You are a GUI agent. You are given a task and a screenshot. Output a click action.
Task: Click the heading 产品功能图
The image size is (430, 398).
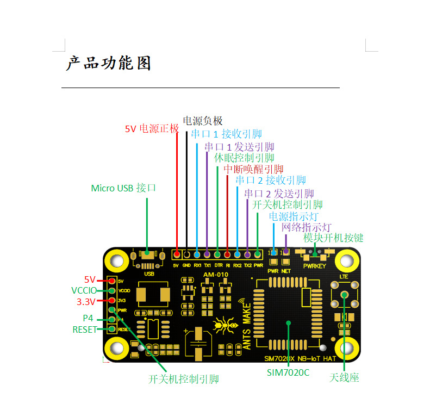point(108,63)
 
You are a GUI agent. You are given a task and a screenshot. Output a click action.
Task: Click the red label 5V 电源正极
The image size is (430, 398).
point(152,129)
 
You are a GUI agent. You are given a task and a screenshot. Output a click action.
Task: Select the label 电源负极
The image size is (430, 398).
point(202,121)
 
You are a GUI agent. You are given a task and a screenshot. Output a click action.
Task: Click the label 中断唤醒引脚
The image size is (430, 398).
point(253,169)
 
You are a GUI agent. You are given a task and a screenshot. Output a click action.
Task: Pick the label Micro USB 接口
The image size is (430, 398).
point(123,188)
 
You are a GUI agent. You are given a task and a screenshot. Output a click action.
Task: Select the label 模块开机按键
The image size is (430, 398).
point(333,238)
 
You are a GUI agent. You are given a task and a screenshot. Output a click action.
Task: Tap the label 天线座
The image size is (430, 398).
point(344,377)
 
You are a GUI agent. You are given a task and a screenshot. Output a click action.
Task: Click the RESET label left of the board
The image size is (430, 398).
point(84,329)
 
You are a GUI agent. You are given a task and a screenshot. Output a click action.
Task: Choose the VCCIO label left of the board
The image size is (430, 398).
point(84,290)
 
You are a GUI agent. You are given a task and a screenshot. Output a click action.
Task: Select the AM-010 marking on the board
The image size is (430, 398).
point(215,275)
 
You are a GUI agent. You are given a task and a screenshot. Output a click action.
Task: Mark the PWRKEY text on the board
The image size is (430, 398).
point(315,266)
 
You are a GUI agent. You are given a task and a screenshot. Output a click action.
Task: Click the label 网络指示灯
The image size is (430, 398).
point(306,227)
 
